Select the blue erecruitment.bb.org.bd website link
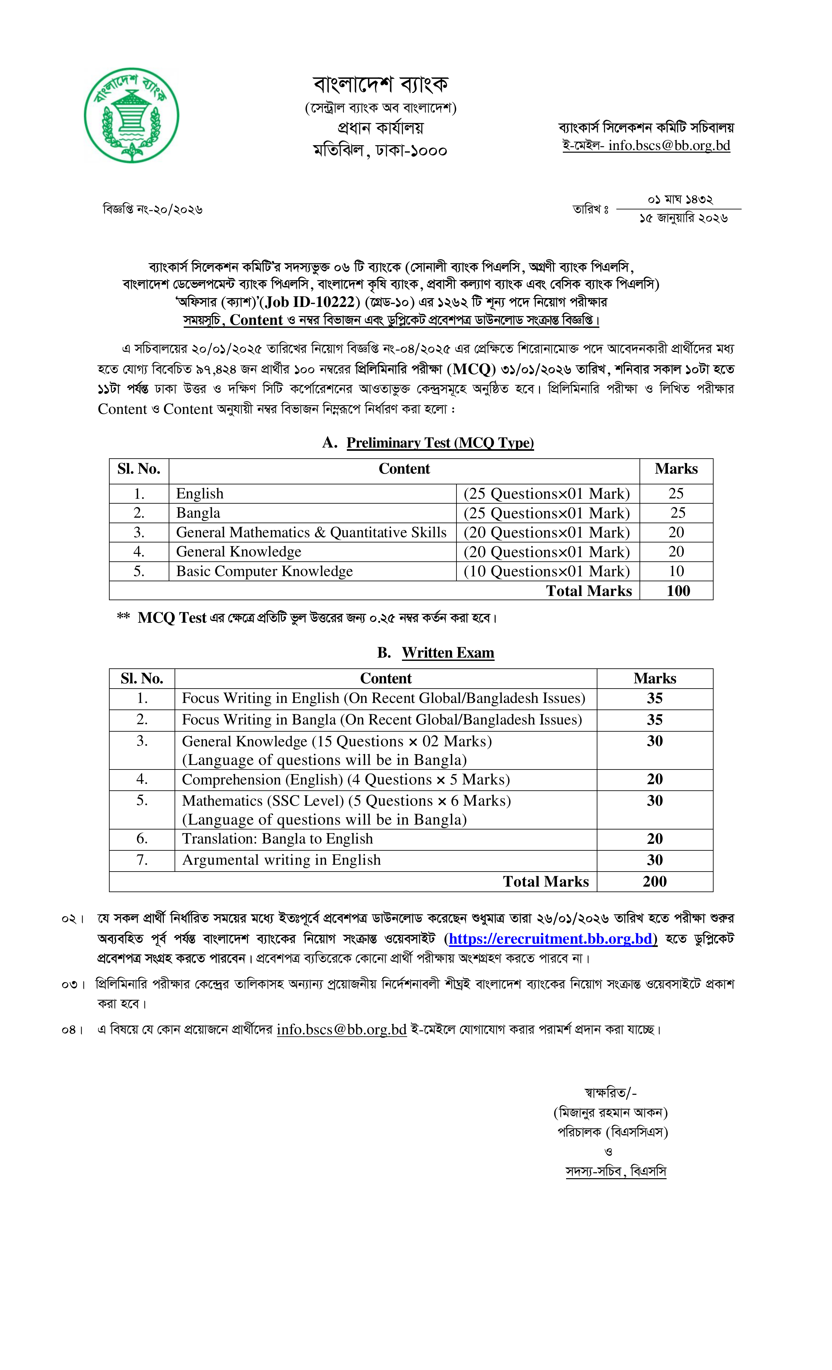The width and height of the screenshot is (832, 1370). pos(553,938)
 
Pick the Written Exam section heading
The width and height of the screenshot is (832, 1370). pos(448,653)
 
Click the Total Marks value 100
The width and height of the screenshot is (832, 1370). pos(678,591)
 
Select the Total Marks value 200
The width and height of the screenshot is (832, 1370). pos(655,881)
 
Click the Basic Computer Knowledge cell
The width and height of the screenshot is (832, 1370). pos(264,571)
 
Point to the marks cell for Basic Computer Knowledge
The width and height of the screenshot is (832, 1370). pos(676,571)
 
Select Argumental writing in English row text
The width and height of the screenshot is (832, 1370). pos(281,860)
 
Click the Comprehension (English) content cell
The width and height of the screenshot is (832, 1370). pos(346,780)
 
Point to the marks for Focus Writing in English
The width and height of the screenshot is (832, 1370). pos(655,698)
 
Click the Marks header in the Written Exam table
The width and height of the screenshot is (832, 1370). pos(655,678)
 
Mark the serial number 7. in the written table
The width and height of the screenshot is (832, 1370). pos(142,860)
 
